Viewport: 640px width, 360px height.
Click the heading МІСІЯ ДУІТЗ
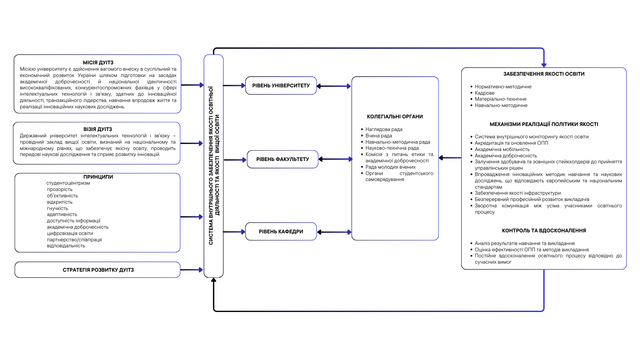[x=98, y=63]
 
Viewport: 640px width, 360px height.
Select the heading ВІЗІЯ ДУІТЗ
[x=98, y=129]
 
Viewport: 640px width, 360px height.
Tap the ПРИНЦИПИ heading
[x=98, y=177]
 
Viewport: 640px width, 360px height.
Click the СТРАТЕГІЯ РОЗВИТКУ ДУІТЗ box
[x=97, y=270]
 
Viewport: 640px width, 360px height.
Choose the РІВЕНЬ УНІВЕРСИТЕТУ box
[x=281, y=86]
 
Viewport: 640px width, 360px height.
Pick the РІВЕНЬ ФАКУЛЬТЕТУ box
[x=283, y=159]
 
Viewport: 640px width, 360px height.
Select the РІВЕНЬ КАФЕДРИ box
[x=281, y=231]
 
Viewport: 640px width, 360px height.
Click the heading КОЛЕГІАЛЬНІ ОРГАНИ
[x=395, y=117]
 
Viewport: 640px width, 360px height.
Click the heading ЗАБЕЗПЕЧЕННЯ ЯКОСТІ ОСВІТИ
[x=544, y=74]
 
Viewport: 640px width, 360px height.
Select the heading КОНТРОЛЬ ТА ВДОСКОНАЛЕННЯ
[x=544, y=231]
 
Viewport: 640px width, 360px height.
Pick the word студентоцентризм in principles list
[x=68, y=183]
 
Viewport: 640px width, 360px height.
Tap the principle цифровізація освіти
[x=70, y=233]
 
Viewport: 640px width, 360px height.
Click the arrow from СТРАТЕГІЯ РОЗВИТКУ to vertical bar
[x=192, y=270]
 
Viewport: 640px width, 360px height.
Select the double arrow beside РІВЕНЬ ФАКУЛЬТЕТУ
[x=335, y=159]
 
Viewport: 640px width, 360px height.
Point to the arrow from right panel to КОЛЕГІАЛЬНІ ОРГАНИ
[x=450, y=158]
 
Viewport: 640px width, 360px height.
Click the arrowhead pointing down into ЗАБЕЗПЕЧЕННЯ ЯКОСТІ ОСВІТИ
[x=544, y=65]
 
